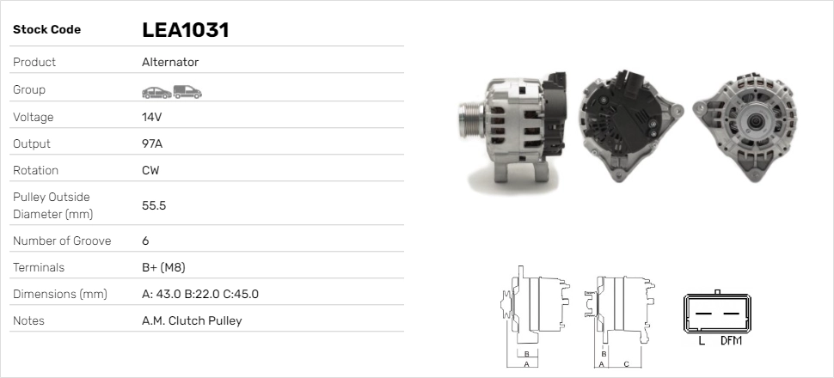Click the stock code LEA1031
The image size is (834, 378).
(x=185, y=30)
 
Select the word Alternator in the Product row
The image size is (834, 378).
(x=170, y=62)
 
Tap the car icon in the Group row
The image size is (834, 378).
(x=156, y=93)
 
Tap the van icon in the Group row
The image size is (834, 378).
(x=187, y=92)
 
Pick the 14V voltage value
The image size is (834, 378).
(x=151, y=117)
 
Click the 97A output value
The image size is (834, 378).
(x=152, y=143)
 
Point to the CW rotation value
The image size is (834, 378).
(x=150, y=170)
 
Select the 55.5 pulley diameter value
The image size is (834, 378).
(x=154, y=205)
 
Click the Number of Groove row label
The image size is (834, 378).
(x=62, y=241)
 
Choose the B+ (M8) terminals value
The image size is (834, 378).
(x=163, y=267)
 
